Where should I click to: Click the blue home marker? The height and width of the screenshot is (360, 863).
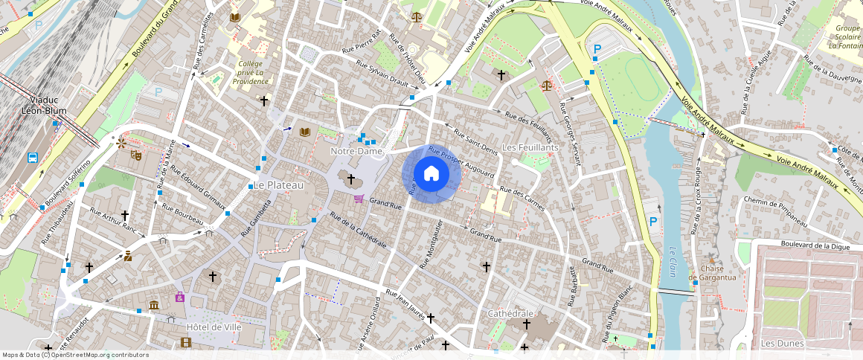click(x=431, y=173)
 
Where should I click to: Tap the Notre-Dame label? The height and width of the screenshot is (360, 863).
click(x=356, y=151)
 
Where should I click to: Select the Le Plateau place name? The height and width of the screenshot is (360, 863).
click(x=279, y=184)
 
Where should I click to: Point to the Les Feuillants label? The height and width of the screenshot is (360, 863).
click(x=530, y=148)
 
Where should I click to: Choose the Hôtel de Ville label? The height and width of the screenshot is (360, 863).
click(x=214, y=327)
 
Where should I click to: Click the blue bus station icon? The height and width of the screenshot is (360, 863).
click(x=33, y=158)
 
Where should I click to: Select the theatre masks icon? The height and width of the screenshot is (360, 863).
click(x=136, y=155)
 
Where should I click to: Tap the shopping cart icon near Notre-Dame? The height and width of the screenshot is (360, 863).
click(x=359, y=199)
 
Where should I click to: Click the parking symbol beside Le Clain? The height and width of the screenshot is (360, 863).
click(x=653, y=221)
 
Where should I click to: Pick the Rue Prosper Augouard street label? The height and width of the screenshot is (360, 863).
click(x=461, y=163)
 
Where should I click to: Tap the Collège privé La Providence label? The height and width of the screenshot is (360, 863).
click(x=249, y=72)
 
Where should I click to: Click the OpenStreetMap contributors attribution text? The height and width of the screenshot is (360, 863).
click(x=75, y=355)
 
